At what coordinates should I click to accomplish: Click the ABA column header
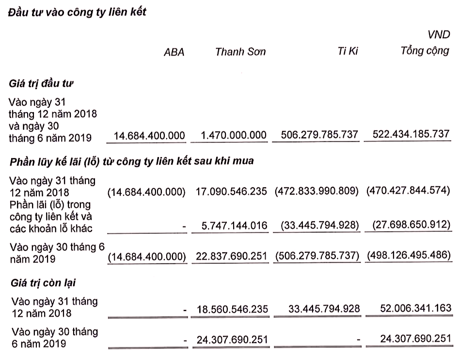[x=174, y=52]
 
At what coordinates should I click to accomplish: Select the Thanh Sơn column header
[x=240, y=52]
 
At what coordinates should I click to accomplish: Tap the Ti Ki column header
[x=348, y=51]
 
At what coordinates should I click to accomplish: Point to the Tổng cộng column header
[x=425, y=51]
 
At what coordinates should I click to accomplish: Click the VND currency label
[x=439, y=35]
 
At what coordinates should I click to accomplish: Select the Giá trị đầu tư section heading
[x=41, y=83]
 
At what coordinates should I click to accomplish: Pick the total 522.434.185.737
[x=408, y=134]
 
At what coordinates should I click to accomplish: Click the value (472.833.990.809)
[x=316, y=191]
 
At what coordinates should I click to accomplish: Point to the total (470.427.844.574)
[x=408, y=191]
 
